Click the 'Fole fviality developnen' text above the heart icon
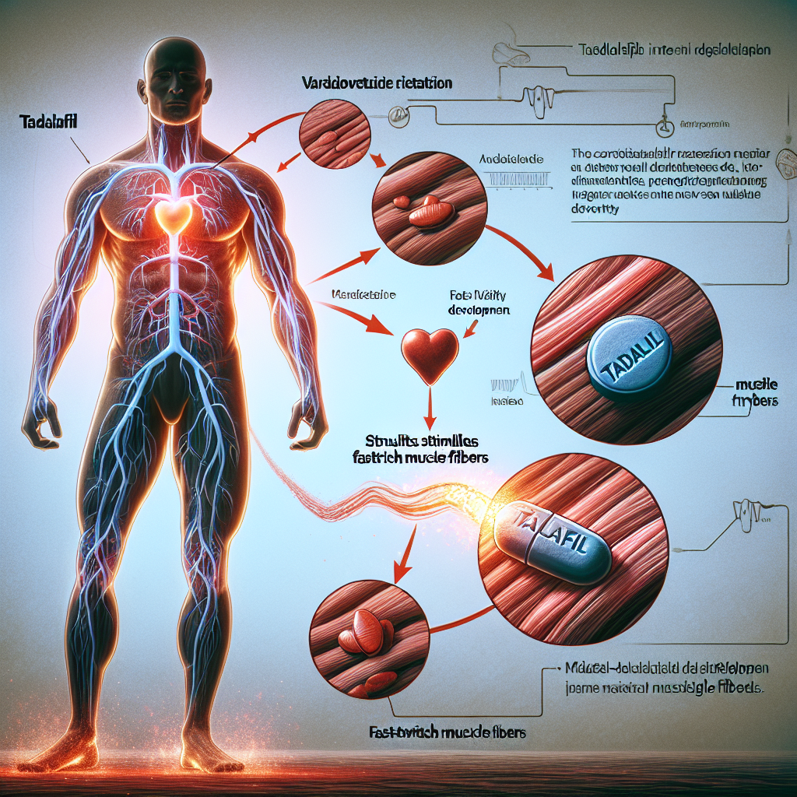[479, 302]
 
